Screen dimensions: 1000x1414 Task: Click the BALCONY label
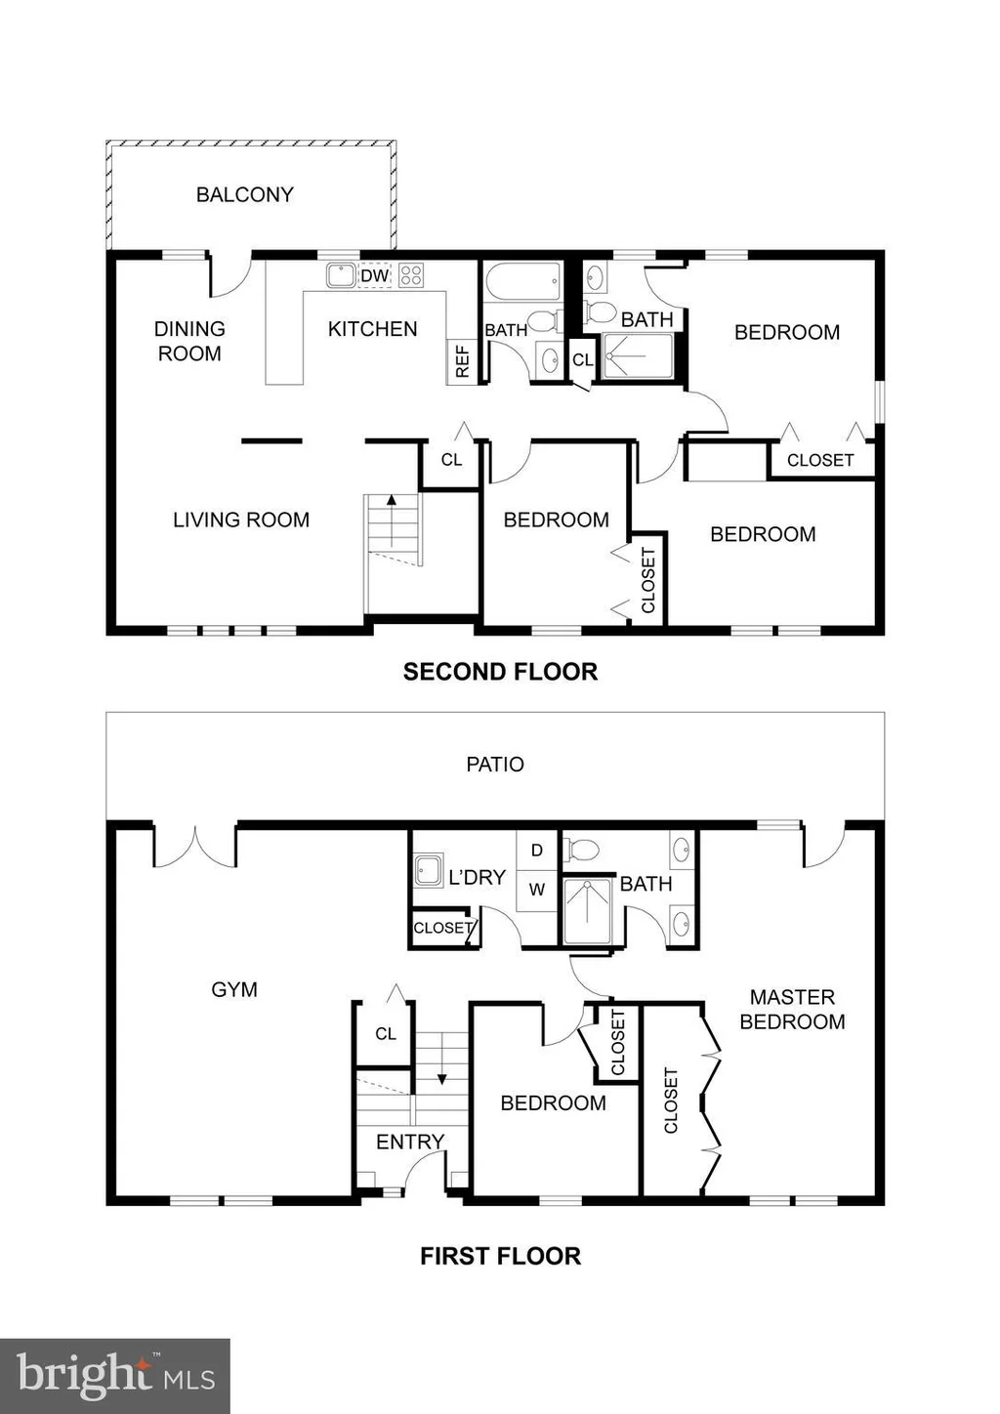pyautogui.click(x=245, y=194)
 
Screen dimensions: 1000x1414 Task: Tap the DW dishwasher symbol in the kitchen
pyautogui.click(x=375, y=275)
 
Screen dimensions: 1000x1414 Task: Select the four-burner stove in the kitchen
pyautogui.click(x=411, y=275)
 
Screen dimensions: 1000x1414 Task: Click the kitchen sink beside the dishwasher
pyautogui.click(x=342, y=275)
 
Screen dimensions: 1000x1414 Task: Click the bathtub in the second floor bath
pyautogui.click(x=522, y=283)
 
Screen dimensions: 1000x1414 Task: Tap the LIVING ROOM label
pyautogui.click(x=241, y=520)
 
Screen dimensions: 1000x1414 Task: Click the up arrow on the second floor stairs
pyautogui.click(x=392, y=520)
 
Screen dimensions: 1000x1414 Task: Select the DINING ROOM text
pyautogui.click(x=189, y=341)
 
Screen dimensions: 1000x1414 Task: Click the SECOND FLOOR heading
pyautogui.click(x=500, y=672)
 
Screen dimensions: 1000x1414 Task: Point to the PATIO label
pyautogui.click(x=495, y=765)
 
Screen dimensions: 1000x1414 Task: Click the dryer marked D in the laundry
pyautogui.click(x=536, y=851)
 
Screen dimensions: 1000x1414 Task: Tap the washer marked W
pyautogui.click(x=536, y=890)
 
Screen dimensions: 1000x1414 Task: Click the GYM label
pyautogui.click(x=234, y=990)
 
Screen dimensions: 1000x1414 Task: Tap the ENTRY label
pyautogui.click(x=410, y=1142)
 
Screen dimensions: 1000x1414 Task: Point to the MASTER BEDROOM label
pyautogui.click(x=792, y=1010)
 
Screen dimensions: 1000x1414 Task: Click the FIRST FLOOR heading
pyautogui.click(x=500, y=1256)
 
